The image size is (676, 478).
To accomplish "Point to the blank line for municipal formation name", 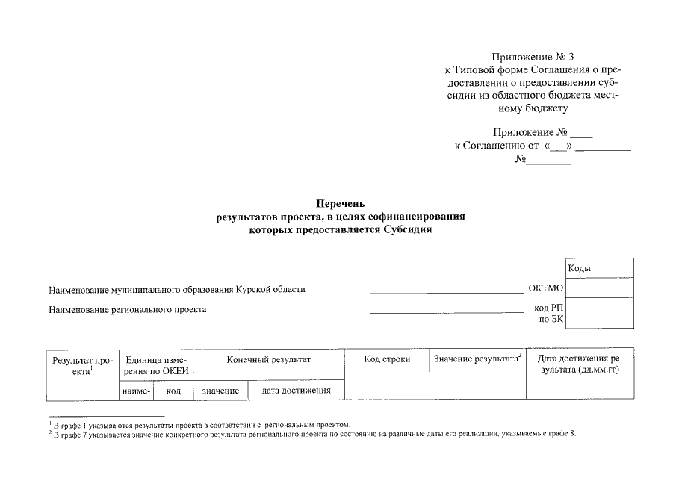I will point(447,291).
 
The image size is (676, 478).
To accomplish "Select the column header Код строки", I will point(386,360).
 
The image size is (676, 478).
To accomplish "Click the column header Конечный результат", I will point(268,360).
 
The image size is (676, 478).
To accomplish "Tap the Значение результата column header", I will point(477,360).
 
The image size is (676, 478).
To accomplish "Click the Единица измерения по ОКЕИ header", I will point(156,365).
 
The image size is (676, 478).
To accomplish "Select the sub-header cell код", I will point(173,391).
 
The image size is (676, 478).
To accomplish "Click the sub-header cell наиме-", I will point(135,391).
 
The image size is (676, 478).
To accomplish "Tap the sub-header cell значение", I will point(220,391).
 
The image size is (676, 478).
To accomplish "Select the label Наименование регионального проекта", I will point(127,309).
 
